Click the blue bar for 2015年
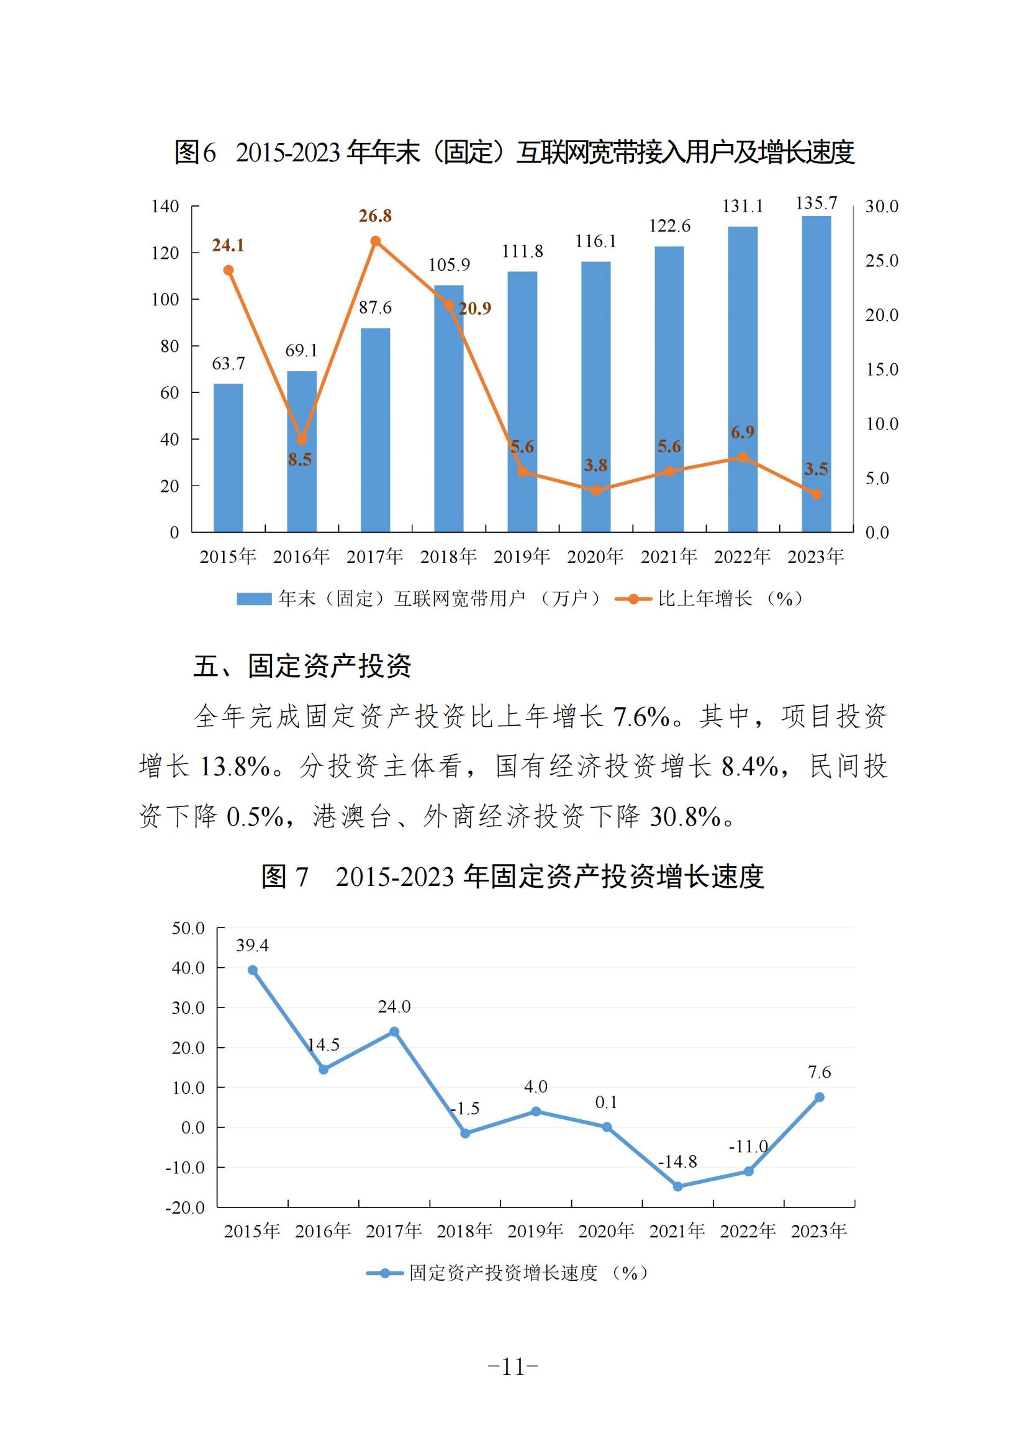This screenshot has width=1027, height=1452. point(228,458)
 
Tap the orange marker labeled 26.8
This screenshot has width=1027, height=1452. point(375,241)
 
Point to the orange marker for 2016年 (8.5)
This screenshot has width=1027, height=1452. point(302,440)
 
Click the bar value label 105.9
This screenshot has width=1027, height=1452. point(449,265)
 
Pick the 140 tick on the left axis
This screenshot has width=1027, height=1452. point(166,206)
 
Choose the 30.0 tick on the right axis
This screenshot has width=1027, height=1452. point(881,206)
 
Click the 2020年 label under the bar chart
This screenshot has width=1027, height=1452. point(595,556)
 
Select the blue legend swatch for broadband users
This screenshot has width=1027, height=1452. point(254,599)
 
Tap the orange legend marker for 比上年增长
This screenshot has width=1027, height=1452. point(633,599)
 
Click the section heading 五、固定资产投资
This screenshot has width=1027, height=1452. point(302,666)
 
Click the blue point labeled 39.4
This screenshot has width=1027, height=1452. point(252,970)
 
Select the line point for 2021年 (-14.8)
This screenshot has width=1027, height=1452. point(677,1186)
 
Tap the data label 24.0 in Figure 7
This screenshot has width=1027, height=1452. point(394,1006)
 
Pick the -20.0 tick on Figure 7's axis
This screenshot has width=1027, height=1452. point(185,1207)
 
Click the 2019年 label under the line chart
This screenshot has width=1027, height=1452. point(535,1230)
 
